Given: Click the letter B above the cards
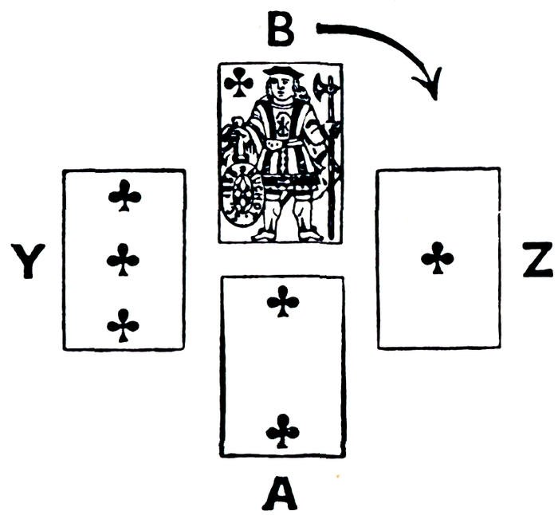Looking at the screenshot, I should coord(280,29).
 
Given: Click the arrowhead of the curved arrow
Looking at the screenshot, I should coord(433,86).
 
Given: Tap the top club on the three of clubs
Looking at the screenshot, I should coord(124,195).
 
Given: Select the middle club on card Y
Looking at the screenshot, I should coord(124,260).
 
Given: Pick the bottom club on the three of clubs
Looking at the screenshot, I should coord(124,324).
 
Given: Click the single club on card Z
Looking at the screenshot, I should coord(438,257).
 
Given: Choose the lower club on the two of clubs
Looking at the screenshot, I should coord(283,430).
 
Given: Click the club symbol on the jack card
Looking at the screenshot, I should coord(238,81).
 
